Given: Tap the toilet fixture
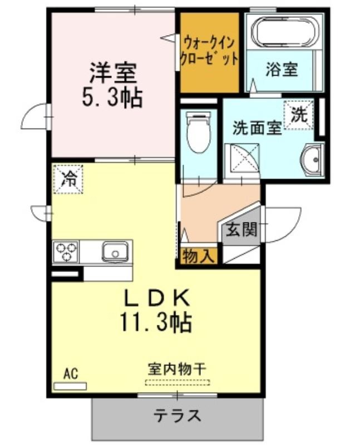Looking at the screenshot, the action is click(198, 132).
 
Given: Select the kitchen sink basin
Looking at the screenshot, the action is click(115, 251).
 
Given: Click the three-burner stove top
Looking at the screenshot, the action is click(66, 251).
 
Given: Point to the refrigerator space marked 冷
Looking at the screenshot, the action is click(68, 179).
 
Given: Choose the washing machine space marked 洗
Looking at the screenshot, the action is click(298, 115).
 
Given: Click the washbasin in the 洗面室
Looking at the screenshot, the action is click(312, 160).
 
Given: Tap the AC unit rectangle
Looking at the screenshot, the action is click(70, 386).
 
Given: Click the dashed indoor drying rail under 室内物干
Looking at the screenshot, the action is click(177, 382).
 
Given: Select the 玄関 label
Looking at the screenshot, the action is click(241, 229).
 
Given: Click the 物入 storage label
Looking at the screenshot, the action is click(198, 256).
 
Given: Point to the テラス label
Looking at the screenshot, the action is click(177, 416).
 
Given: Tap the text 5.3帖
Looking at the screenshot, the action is click(112, 97).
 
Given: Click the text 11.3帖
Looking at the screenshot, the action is click(156, 323).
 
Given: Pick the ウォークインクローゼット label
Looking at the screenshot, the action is click(209, 52).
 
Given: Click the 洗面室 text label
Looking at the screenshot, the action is click(257, 128).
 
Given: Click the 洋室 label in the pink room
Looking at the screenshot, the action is click(114, 73).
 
